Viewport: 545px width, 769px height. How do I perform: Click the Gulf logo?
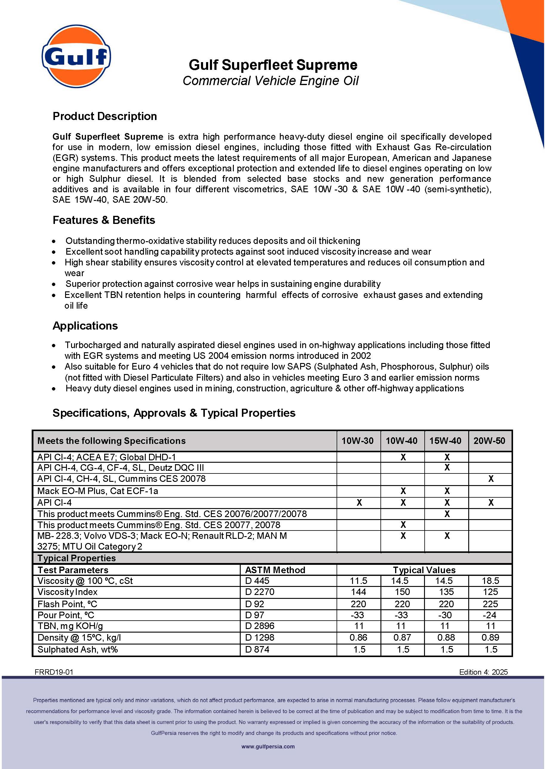(76, 56)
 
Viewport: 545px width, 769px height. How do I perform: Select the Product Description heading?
(105, 116)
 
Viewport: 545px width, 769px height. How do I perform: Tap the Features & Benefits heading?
(104, 220)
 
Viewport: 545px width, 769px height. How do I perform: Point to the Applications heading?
(85, 326)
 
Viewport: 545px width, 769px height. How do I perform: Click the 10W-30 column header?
(357, 441)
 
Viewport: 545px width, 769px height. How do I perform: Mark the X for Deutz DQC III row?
(447, 468)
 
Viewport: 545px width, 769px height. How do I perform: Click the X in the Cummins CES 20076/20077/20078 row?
(447, 514)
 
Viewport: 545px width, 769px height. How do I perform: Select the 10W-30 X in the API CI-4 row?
(359, 502)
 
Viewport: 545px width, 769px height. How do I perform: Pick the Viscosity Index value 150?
(402, 592)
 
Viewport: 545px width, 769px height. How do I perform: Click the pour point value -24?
(490, 615)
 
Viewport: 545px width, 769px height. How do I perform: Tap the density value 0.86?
(358, 637)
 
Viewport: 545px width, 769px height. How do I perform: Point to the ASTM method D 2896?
(260, 626)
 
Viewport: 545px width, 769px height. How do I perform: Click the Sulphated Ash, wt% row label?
(78, 649)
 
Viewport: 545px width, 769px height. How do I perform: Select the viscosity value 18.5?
(490, 581)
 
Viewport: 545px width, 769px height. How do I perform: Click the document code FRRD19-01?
(54, 672)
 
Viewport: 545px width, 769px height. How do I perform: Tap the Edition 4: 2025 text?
(483, 672)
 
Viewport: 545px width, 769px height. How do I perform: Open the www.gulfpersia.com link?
(268, 747)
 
